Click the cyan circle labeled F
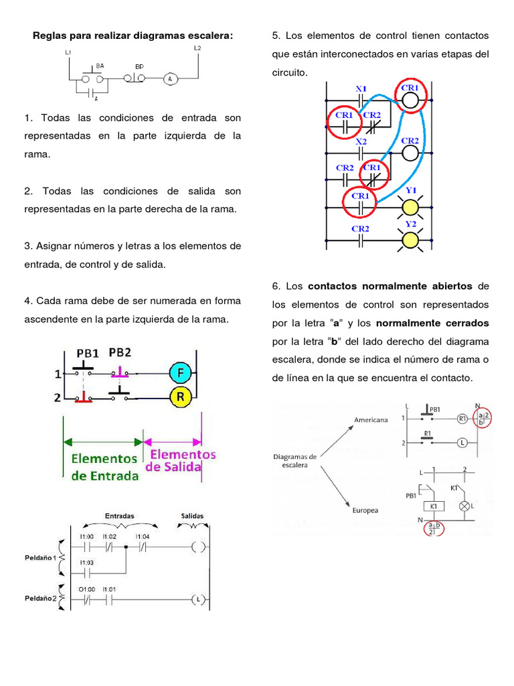[x=181, y=373]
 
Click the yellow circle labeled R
[x=181, y=397]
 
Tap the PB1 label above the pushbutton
[x=88, y=353]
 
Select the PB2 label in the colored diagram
[x=120, y=352]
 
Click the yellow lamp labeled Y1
[x=410, y=208]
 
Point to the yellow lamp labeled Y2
[x=410, y=241]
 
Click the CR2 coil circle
[x=410, y=153]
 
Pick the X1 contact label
[x=361, y=89]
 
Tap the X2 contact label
[x=361, y=142]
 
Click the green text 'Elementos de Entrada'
[x=104, y=467]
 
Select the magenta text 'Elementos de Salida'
[x=181, y=461]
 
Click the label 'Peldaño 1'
[x=41, y=558]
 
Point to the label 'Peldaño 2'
[x=41, y=598]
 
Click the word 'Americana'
[x=371, y=420]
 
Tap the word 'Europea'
[x=365, y=510]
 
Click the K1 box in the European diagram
[x=434, y=506]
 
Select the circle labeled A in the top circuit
[x=170, y=79]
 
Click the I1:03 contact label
[x=86, y=563]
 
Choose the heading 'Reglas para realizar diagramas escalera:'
[x=133, y=36]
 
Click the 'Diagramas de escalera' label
[x=294, y=461]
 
